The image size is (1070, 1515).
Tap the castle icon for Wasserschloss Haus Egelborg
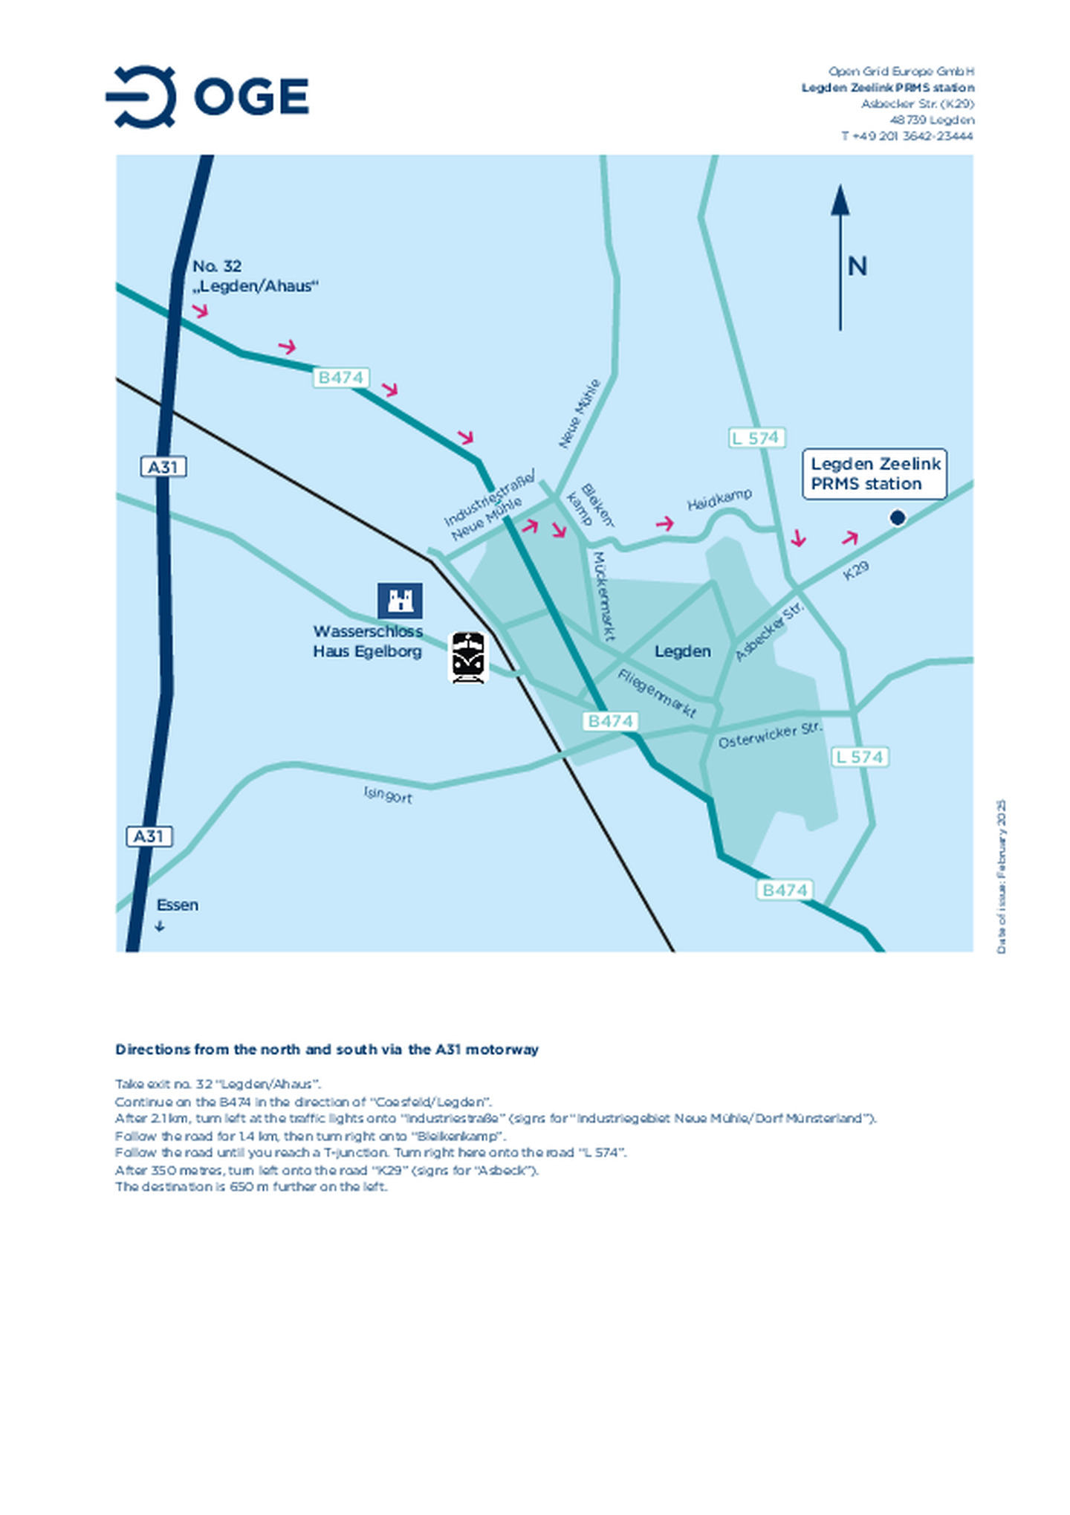tap(400, 601)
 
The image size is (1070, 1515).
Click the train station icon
tap(468, 657)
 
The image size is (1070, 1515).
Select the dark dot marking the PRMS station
tap(897, 517)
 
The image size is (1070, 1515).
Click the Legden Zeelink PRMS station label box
tap(875, 474)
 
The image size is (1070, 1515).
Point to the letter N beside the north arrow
tap(857, 266)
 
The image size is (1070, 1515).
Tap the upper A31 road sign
tap(163, 467)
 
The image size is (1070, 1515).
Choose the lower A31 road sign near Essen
tap(149, 836)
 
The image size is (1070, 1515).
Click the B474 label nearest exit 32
tap(341, 378)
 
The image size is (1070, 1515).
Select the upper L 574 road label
tap(756, 438)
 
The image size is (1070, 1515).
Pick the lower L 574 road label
tap(860, 757)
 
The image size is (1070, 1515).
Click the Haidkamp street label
tap(719, 500)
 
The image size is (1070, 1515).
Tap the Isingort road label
tap(388, 795)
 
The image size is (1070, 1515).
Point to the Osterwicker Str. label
tap(770, 735)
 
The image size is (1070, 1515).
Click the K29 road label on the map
tap(855, 570)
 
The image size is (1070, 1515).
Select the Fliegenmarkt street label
tap(657, 694)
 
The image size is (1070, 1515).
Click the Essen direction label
tap(177, 905)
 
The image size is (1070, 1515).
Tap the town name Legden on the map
tap(682, 651)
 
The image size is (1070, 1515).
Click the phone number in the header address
tap(907, 136)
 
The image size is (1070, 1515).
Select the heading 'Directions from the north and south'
tap(327, 1050)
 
